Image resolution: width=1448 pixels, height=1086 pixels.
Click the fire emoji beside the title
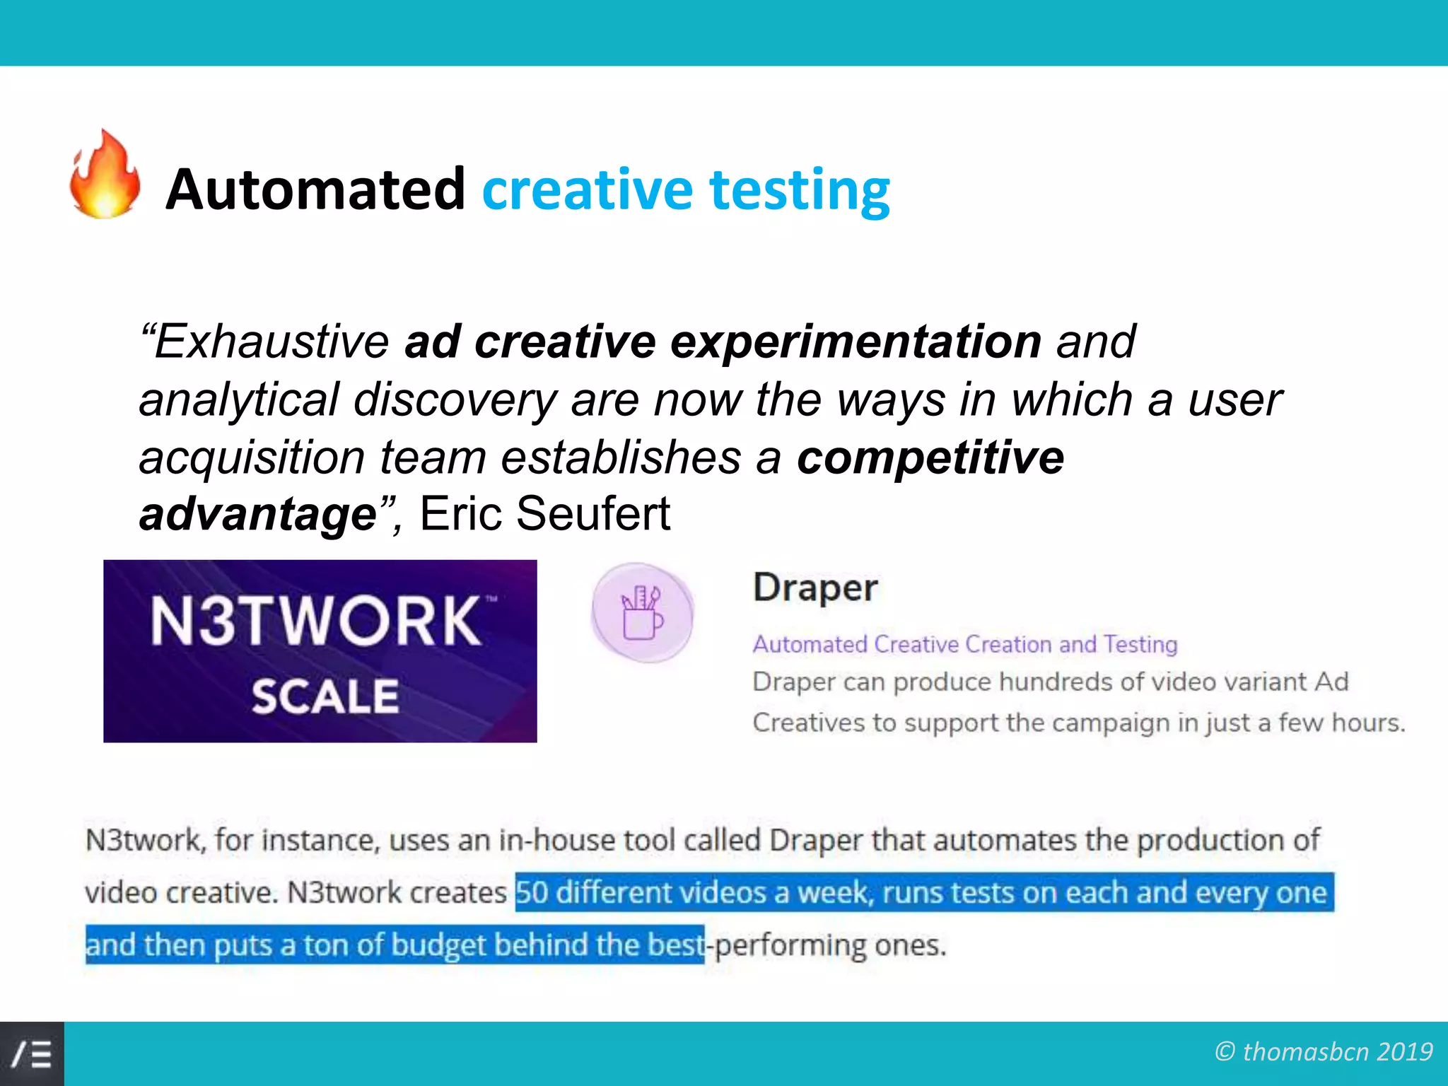click(105, 175)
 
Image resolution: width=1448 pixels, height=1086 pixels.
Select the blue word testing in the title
click(799, 191)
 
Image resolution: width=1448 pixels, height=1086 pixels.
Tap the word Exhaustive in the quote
click(271, 341)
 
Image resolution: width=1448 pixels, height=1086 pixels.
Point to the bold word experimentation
click(856, 341)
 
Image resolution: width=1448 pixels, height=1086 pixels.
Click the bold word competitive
click(930, 457)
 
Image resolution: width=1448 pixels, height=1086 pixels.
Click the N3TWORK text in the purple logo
click(316, 621)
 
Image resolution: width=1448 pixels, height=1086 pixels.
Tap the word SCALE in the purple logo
click(325, 696)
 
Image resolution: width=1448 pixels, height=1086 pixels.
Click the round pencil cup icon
click(642, 612)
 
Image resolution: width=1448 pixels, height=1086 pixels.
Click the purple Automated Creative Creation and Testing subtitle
click(964, 644)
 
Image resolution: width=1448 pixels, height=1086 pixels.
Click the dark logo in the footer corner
click(32, 1053)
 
